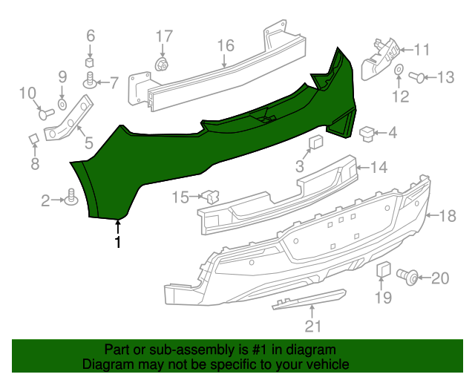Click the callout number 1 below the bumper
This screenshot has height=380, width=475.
click(117, 243)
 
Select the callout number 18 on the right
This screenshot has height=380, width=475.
click(447, 216)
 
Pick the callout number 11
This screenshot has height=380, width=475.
click(422, 50)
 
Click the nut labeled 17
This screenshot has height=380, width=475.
click(160, 65)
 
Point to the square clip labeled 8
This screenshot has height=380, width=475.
click(34, 139)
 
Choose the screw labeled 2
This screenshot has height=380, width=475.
click(72, 198)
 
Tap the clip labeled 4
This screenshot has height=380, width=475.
click(367, 133)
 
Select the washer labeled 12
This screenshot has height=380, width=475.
click(399, 71)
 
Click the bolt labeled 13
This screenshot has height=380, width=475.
click(416, 76)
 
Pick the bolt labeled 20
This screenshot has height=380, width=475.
click(407, 277)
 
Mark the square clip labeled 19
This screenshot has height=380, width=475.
click(382, 269)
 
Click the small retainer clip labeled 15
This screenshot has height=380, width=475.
click(211, 197)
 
